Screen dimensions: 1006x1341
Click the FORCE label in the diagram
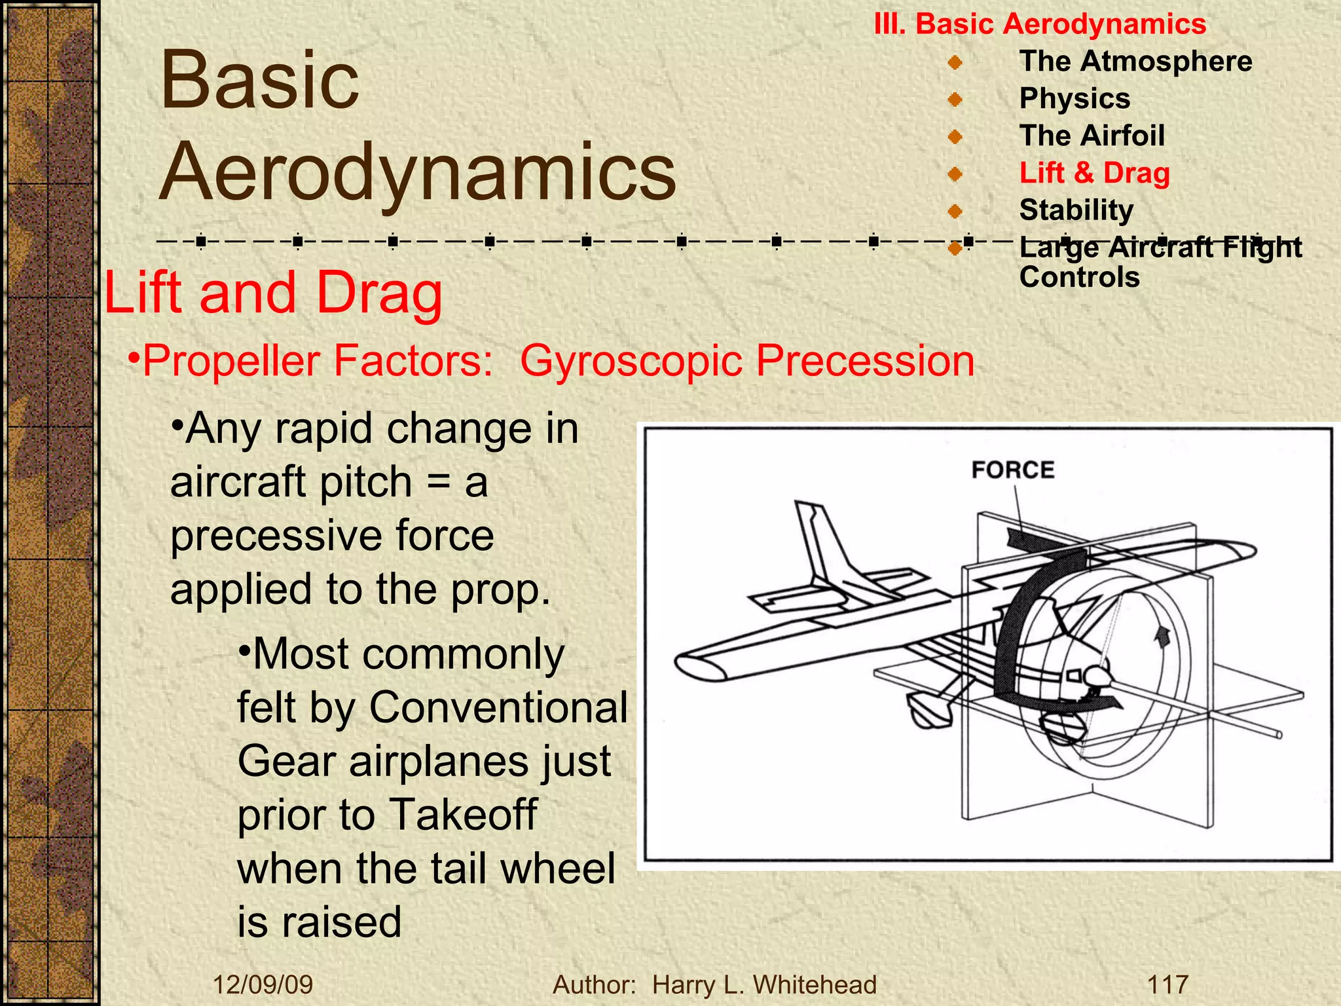(x=1012, y=470)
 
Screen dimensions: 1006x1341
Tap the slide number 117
(x=1167, y=984)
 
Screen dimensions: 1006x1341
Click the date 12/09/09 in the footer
(x=263, y=984)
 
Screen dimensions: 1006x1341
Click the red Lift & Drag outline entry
(x=1094, y=173)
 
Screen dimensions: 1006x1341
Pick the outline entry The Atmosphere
(x=1135, y=61)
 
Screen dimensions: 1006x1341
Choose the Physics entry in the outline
(x=1075, y=98)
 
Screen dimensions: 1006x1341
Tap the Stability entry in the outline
(x=1076, y=210)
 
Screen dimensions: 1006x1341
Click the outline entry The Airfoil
(x=1092, y=136)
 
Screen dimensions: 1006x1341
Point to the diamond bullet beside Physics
(x=955, y=100)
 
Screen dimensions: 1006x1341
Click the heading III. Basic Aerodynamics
(x=1040, y=24)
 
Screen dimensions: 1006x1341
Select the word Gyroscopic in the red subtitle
(x=631, y=361)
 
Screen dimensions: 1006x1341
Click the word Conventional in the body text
(x=498, y=707)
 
